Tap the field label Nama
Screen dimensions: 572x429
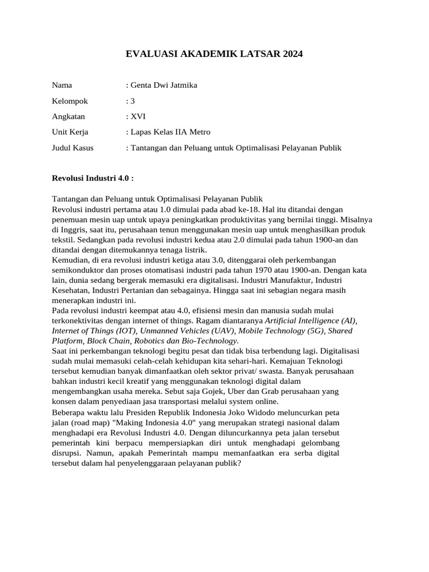click(62, 85)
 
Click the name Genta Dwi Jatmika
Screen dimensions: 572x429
click(164, 85)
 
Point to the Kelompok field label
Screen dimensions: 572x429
click(70, 101)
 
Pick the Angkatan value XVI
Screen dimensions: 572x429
click(137, 117)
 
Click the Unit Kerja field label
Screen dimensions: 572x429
click(70, 132)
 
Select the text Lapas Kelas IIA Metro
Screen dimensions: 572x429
click(170, 132)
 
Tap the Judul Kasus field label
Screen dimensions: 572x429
click(73, 148)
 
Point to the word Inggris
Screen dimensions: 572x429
click(73, 230)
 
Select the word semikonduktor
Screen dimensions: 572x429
click(78, 270)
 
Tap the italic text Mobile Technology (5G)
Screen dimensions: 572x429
click(278, 331)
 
